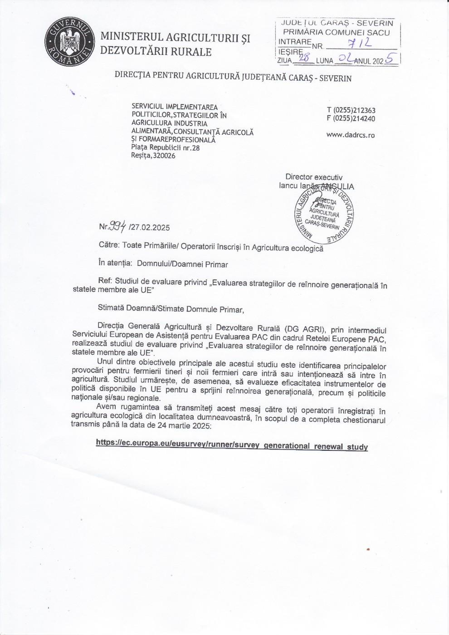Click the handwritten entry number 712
pyautogui.click(x=360, y=43)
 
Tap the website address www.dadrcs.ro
pyautogui.click(x=350, y=135)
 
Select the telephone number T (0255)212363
pyautogui.click(x=351, y=110)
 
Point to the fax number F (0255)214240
pyautogui.click(x=351, y=119)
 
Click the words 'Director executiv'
pyautogui.click(x=314, y=177)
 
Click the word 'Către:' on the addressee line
pyautogui.click(x=109, y=245)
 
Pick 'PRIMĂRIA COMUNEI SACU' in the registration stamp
pyautogui.click(x=336, y=32)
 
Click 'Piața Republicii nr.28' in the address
pyautogui.click(x=166, y=147)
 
